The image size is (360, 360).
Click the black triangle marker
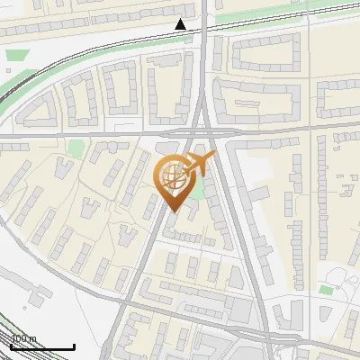[x=181, y=24]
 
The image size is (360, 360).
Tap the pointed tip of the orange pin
[x=175, y=211]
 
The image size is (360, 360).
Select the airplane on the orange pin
[x=199, y=165]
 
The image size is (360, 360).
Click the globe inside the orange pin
[x=173, y=177]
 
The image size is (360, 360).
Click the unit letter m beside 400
[x=33, y=339]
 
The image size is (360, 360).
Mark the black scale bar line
[x=41, y=346]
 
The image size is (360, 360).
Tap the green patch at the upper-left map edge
[x=12, y=56]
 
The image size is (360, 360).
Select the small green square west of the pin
[x=76, y=147]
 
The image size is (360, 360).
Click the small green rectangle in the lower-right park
[x=325, y=290]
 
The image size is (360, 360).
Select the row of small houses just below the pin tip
[x=184, y=236]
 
